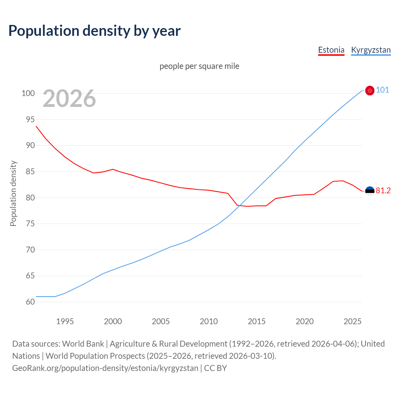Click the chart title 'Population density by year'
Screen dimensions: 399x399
[x=94, y=31]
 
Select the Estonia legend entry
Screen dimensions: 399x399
[x=331, y=50]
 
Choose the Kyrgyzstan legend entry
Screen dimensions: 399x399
[x=371, y=50]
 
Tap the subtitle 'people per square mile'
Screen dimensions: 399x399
[x=199, y=66]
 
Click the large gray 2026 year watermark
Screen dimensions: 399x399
[x=69, y=99]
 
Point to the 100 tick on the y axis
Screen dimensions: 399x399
[x=28, y=93]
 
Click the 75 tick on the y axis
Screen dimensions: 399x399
[x=28, y=224]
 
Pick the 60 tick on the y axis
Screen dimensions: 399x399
[x=28, y=302]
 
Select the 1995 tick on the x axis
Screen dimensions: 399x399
[x=65, y=321]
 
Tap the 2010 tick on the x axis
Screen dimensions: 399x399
[x=209, y=321]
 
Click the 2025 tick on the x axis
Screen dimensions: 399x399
[x=352, y=321]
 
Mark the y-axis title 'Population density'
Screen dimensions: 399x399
[x=13, y=193]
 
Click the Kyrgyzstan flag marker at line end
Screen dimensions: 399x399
[x=370, y=90]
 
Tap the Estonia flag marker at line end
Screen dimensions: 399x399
[x=370, y=191]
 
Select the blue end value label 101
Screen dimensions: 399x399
[x=382, y=90]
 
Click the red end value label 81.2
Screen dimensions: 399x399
[x=383, y=190]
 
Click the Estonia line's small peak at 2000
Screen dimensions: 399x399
[x=113, y=169]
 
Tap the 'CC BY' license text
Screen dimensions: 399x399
[x=215, y=368]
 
